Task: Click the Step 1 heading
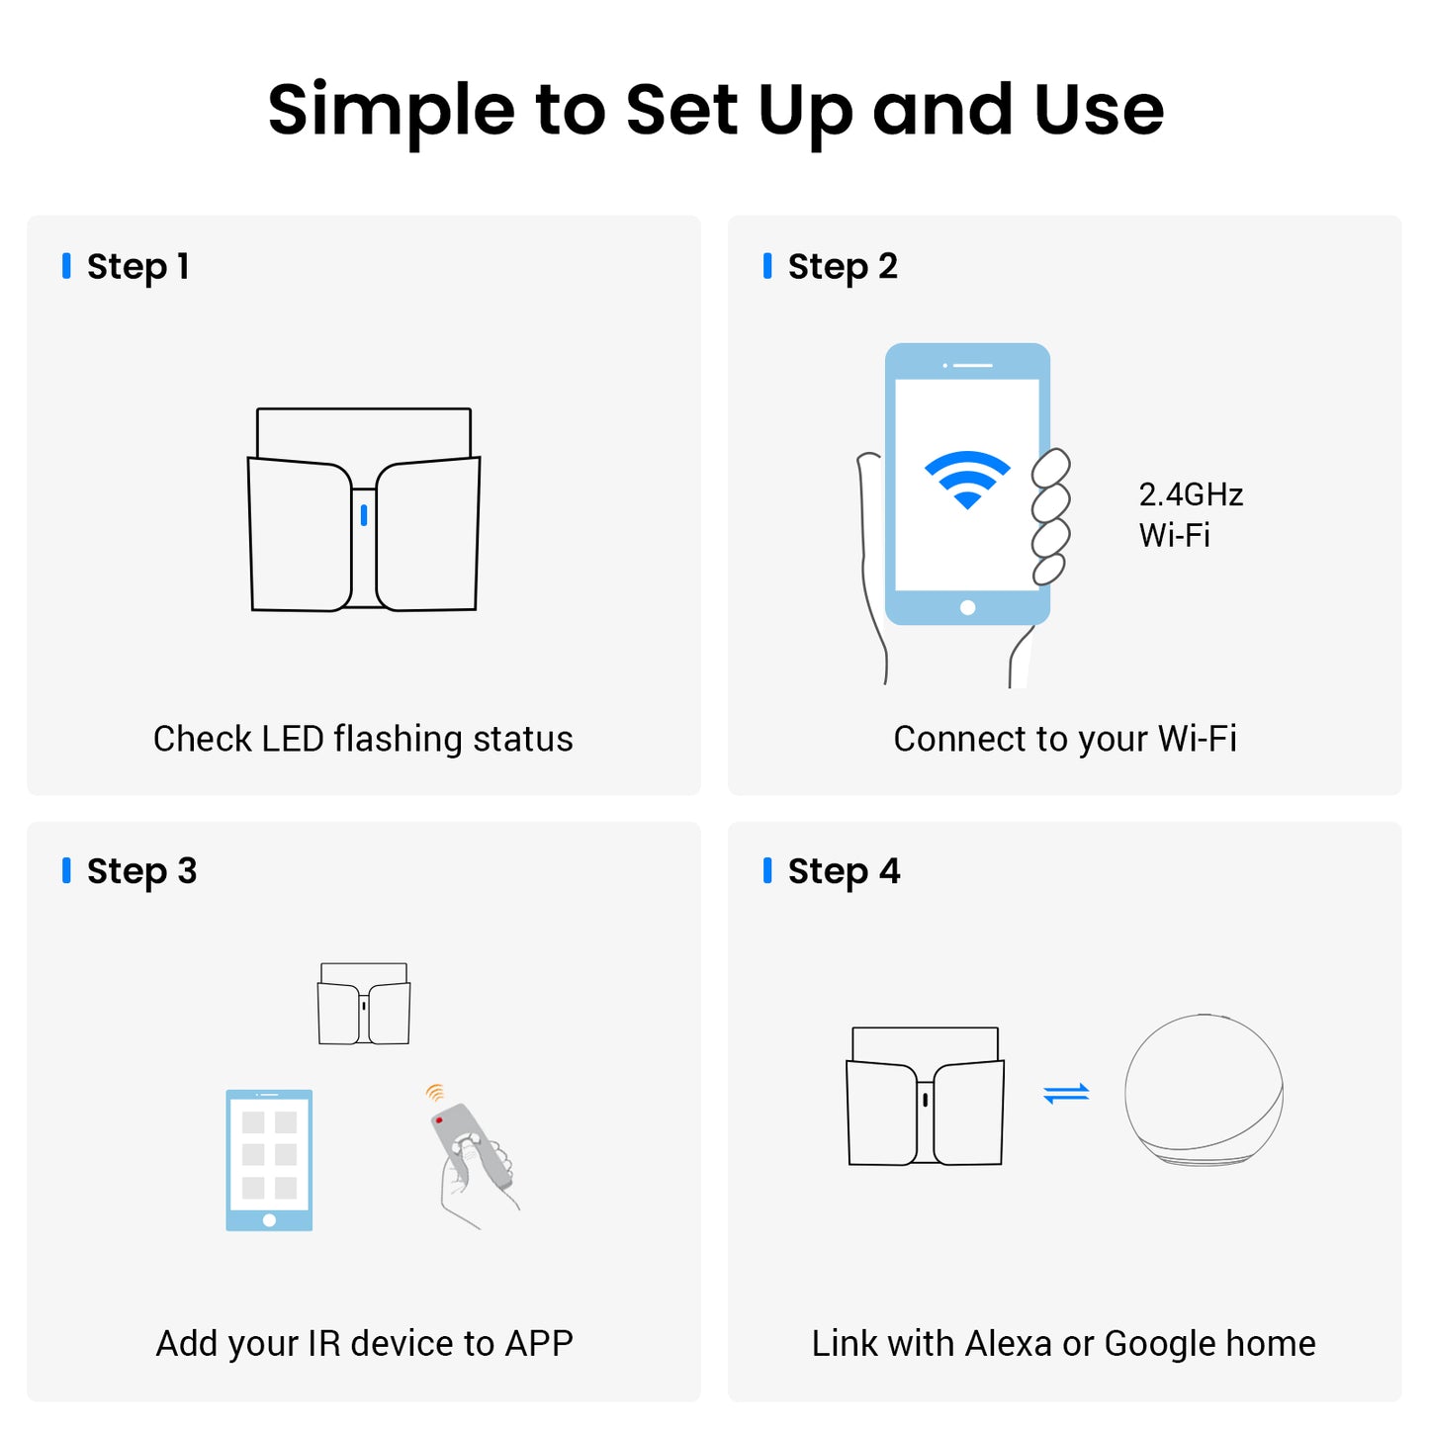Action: (x=137, y=267)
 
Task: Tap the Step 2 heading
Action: (x=842, y=267)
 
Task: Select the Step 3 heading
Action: (x=141, y=870)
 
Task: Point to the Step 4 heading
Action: (x=844, y=870)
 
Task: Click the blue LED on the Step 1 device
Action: (x=363, y=514)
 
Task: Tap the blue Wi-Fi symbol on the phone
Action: (x=966, y=479)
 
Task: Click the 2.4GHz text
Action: (x=1190, y=494)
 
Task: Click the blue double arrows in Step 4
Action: (x=1066, y=1093)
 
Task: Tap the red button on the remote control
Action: (x=439, y=1119)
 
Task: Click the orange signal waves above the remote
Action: (x=434, y=1092)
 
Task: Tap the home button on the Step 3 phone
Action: (x=269, y=1220)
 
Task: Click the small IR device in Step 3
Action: (x=363, y=1004)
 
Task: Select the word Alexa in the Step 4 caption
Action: (x=1008, y=1343)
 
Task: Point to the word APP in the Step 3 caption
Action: (x=538, y=1343)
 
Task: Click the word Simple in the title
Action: (x=391, y=111)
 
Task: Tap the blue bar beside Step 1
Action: (x=66, y=266)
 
